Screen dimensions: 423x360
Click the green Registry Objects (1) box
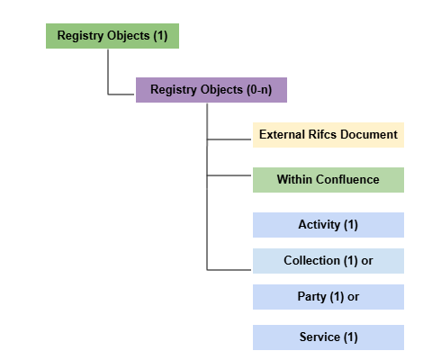(112, 36)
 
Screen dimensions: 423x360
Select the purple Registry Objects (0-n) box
(211, 90)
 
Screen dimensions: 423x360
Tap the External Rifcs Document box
(328, 135)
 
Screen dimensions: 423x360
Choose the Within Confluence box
(328, 180)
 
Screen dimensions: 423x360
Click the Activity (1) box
(328, 225)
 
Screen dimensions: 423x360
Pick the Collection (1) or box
(328, 261)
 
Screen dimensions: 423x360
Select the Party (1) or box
(328, 297)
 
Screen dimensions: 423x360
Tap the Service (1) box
(328, 337)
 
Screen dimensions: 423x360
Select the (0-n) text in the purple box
(259, 90)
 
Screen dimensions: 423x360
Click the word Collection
(312, 260)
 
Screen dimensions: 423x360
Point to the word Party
(311, 297)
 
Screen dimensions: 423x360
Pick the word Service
(319, 337)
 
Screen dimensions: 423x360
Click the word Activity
(319, 225)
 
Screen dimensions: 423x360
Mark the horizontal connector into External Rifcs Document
(229, 139)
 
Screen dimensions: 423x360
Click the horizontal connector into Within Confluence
(229, 175)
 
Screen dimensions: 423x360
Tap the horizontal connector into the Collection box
(229, 270)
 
